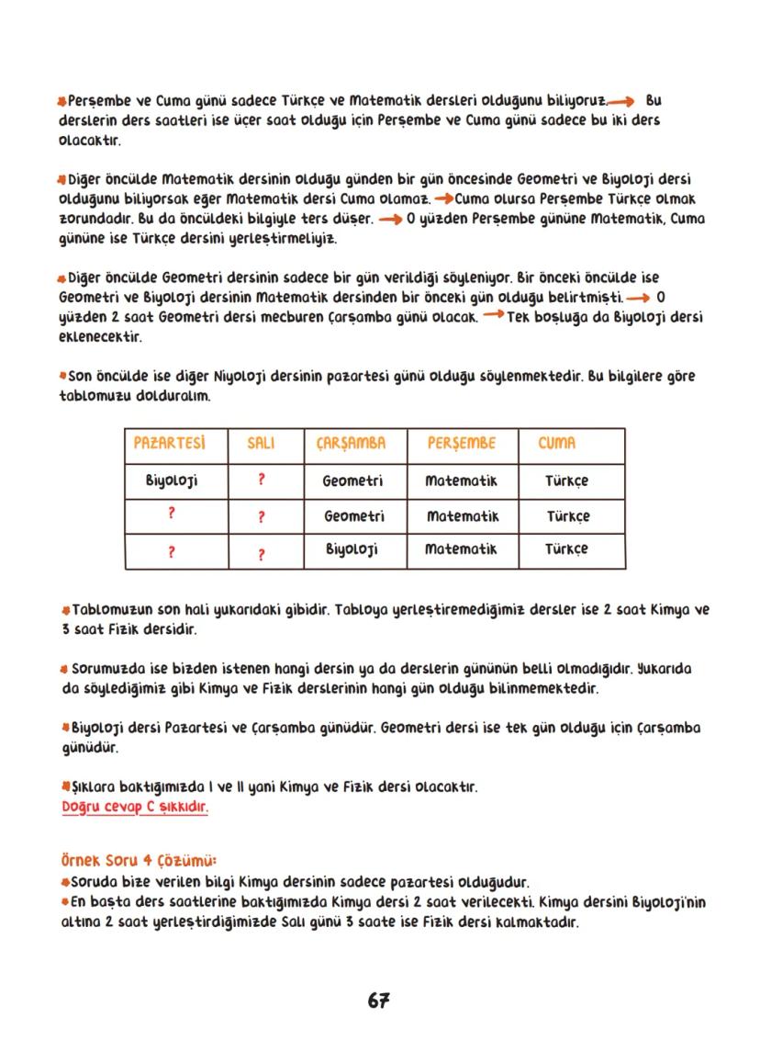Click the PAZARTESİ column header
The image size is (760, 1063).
pyautogui.click(x=168, y=444)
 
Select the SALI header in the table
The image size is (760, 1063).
pyautogui.click(x=262, y=444)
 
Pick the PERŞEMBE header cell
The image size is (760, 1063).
pyautogui.click(x=461, y=444)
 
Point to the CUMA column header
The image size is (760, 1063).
pyautogui.click(x=557, y=444)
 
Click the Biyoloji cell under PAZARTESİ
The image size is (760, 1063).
pyautogui.click(x=172, y=481)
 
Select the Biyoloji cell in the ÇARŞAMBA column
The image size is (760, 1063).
pyautogui.click(x=353, y=549)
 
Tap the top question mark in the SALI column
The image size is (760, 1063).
pyautogui.click(x=262, y=480)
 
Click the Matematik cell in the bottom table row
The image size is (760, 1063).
pyautogui.click(x=461, y=549)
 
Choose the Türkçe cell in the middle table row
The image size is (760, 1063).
pyautogui.click(x=567, y=516)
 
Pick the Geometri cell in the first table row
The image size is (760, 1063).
pyautogui.click(x=353, y=481)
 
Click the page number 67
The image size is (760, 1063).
pyautogui.click(x=379, y=1001)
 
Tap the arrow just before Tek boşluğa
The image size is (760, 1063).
pyautogui.click(x=492, y=316)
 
